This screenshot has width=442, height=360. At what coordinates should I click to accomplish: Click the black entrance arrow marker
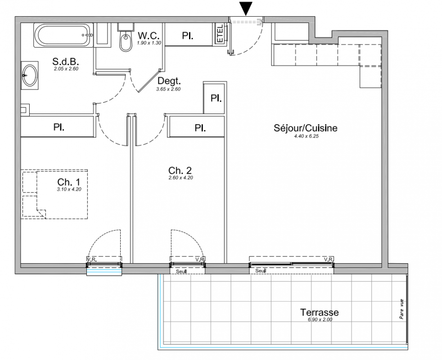point(246,9)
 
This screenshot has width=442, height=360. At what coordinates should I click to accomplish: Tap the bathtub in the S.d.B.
point(63,35)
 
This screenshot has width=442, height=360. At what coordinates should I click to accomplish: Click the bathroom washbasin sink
point(30,75)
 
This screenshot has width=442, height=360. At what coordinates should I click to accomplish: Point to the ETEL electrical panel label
point(220,34)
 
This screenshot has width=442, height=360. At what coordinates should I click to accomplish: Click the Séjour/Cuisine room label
point(306,128)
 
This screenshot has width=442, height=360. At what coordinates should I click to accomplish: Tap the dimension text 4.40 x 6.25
point(306,136)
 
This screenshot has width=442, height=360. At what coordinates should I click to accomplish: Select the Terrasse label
point(320,312)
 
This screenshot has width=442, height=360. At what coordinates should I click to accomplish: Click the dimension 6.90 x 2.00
point(320,319)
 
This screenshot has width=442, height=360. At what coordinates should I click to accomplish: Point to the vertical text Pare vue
point(401,309)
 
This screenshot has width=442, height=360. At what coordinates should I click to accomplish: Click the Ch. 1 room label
point(69,182)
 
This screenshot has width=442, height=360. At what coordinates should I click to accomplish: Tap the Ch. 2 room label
point(180,170)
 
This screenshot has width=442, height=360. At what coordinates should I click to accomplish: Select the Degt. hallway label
point(169,81)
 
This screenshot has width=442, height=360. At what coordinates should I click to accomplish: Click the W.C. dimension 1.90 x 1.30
point(149,43)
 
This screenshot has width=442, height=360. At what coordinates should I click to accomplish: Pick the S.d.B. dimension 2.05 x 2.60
point(66,68)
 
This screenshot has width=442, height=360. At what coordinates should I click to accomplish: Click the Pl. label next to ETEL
point(187,36)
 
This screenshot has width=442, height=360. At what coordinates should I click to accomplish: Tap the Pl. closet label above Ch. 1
point(59,127)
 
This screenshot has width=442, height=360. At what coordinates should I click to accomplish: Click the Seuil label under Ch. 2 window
point(181,271)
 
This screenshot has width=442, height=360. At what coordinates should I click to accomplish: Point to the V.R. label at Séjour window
point(329,259)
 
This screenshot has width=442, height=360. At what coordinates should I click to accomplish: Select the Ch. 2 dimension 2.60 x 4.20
point(180,178)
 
